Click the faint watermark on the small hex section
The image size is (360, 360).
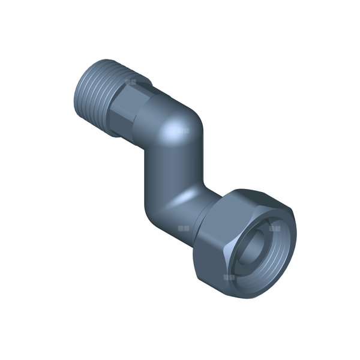pos(130,80)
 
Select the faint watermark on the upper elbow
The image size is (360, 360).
pos(184,130)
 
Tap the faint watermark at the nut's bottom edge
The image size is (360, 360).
pos(229,277)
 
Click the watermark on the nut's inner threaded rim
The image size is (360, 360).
pos(275,228)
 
